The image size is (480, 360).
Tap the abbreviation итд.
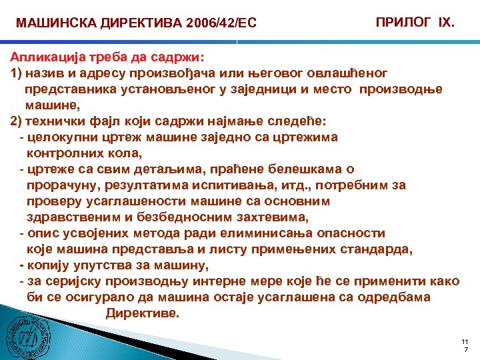289,186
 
